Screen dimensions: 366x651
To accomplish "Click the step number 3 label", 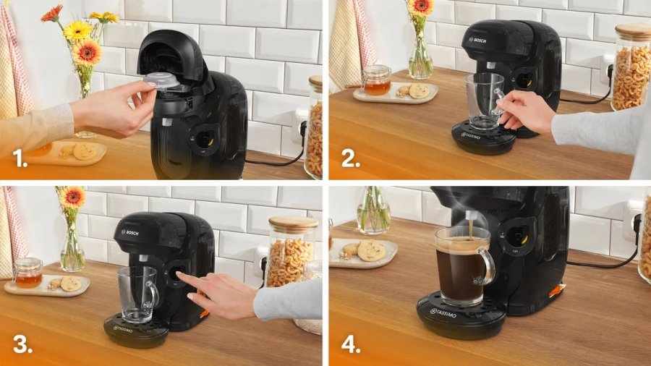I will click(x=22, y=344).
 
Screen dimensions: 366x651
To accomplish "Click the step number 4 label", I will click(x=351, y=344).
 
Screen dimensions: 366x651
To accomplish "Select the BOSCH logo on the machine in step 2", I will click(x=478, y=40).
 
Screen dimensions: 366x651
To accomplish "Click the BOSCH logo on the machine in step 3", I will click(x=130, y=232).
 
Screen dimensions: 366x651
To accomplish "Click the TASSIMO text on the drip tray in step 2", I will click(x=478, y=134).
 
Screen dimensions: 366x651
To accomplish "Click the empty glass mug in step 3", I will click(x=137, y=293).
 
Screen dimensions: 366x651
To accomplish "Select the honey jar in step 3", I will click(x=27, y=273).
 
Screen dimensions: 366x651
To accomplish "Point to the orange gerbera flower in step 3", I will click(x=72, y=197).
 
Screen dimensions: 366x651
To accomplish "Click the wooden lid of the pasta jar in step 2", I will click(x=632, y=31).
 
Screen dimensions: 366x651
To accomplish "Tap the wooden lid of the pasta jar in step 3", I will click(x=293, y=224).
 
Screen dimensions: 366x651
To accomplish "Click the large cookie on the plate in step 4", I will click(x=371, y=250).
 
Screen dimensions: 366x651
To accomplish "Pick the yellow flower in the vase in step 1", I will click(x=77, y=30).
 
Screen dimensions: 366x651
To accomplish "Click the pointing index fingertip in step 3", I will click(x=179, y=276).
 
